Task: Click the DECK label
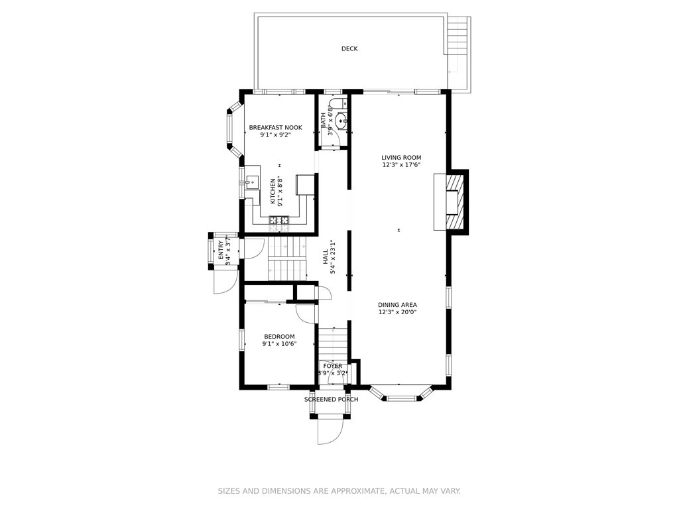349,49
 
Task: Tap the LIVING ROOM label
401,158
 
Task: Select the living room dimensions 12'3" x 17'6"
401,165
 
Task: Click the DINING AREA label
397,305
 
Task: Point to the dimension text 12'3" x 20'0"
397,312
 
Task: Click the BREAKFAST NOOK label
275,128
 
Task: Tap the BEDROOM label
279,336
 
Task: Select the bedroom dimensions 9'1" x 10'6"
279,344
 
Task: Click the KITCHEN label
273,192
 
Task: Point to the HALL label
325,257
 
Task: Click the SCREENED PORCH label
332,399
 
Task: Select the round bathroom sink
342,119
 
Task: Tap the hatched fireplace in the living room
456,202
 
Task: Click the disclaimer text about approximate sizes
339,491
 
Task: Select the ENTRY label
221,250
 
